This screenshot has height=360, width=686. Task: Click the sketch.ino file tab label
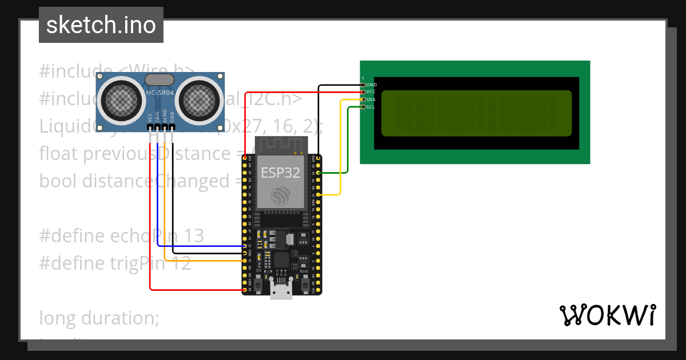[x=101, y=25]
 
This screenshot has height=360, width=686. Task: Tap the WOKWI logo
[x=607, y=315]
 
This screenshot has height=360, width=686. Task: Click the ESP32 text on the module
[x=281, y=173]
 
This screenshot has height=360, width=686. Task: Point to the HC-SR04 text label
[x=161, y=93]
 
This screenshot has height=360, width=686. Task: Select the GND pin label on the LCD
[x=372, y=85]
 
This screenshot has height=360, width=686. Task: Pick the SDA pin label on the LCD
[x=371, y=99]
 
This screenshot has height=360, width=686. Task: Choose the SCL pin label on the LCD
[x=371, y=107]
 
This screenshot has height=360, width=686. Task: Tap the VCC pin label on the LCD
[x=371, y=92]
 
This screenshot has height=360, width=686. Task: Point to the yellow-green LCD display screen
[x=476, y=113]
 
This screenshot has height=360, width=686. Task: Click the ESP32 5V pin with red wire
[x=245, y=290]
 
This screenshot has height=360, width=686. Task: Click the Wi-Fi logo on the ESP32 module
[x=280, y=195]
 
